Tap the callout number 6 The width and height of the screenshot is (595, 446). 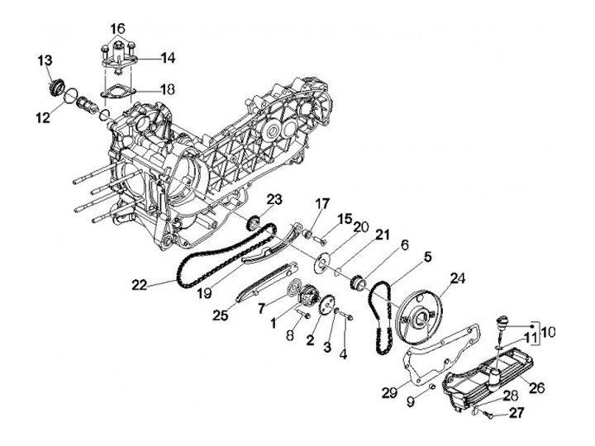pos(406,244)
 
